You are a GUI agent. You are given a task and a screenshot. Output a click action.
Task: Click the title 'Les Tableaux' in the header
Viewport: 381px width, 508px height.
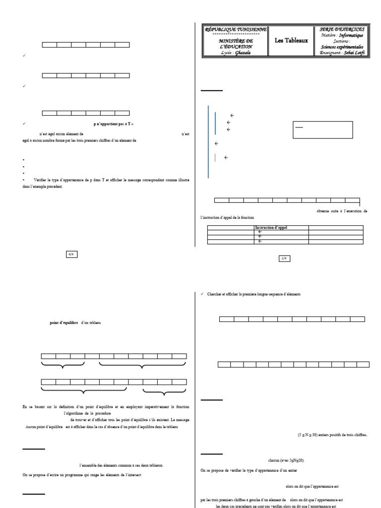click(291, 40)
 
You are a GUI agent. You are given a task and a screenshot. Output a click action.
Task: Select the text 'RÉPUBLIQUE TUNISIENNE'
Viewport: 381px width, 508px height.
click(236, 30)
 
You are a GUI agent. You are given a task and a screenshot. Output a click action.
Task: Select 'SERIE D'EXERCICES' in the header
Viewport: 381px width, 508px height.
click(342, 30)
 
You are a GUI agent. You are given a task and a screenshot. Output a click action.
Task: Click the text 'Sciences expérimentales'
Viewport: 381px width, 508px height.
click(342, 47)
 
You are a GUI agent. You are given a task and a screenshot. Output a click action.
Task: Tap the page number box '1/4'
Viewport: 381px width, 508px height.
click(284, 258)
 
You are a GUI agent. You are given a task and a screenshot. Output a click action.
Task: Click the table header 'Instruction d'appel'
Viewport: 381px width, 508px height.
click(271, 227)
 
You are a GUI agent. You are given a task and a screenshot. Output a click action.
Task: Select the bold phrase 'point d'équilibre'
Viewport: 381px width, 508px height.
click(64, 323)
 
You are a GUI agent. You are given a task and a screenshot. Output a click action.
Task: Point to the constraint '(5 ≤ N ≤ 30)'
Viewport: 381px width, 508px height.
click(310, 435)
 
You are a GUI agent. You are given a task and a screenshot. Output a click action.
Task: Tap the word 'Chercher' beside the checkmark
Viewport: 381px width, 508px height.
click(218, 294)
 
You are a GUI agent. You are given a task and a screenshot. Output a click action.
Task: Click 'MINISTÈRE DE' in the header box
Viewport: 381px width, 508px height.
click(236, 40)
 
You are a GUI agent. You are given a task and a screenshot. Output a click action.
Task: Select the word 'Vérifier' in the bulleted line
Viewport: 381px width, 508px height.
click(42, 180)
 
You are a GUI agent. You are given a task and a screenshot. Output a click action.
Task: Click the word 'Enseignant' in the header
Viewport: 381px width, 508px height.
click(331, 53)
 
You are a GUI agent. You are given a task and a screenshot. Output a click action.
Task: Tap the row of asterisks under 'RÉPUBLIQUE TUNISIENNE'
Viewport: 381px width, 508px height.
click(236, 35)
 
